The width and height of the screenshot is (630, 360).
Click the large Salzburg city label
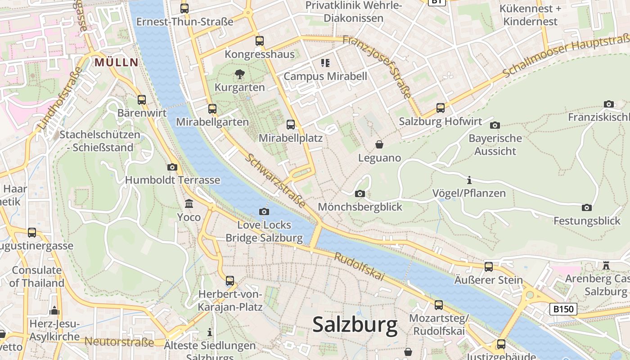click(x=355, y=324)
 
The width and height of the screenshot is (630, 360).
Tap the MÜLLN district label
click(x=116, y=62)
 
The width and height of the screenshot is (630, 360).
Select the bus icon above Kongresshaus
click(x=260, y=41)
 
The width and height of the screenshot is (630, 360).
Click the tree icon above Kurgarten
click(x=240, y=73)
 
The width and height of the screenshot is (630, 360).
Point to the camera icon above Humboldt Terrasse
click(x=172, y=167)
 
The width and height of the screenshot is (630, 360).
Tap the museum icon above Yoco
click(x=189, y=204)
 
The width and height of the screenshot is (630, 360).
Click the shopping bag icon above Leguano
click(x=379, y=144)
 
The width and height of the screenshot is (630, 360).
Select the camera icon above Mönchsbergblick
click(x=360, y=193)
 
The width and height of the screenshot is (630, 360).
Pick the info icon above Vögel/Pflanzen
click(x=469, y=180)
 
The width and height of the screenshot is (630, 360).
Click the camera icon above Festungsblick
click(x=586, y=207)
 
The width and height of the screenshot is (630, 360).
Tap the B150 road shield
click(x=563, y=309)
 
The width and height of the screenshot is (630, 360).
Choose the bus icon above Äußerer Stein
click(x=489, y=266)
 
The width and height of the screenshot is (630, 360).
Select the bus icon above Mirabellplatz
click(x=291, y=125)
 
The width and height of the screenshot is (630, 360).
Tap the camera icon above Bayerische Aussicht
click(x=495, y=125)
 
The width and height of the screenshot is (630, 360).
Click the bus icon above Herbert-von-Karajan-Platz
click(x=230, y=281)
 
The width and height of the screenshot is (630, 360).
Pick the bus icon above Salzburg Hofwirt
click(x=441, y=108)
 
